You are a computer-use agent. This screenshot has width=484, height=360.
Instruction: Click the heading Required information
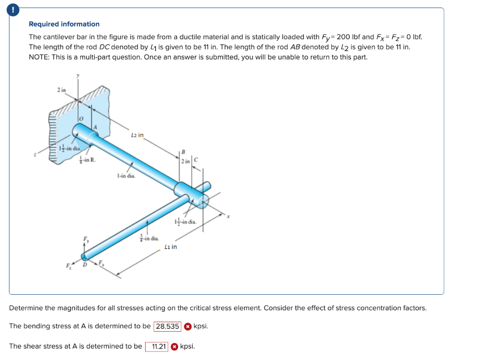(64, 24)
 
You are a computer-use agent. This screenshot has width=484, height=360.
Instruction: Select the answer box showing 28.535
(167, 326)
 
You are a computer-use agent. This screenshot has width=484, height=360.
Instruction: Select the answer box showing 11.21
(156, 346)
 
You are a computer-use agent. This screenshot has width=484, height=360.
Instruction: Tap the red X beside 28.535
(188, 326)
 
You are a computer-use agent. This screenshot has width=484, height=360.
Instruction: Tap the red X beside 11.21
(174, 346)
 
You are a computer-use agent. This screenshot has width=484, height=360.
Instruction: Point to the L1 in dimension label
(171, 246)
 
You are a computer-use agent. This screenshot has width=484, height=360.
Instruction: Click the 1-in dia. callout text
(125, 176)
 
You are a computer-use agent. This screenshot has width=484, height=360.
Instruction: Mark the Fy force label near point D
(86, 239)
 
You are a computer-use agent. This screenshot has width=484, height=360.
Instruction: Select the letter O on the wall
(81, 118)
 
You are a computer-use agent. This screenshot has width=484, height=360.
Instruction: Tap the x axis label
(228, 217)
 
